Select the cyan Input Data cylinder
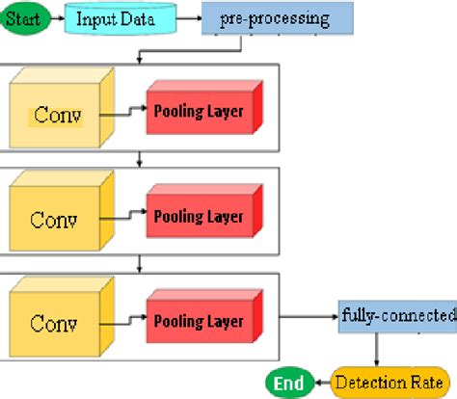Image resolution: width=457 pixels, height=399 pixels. pos(120,17)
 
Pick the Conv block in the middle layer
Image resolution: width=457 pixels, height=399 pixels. pos(56,218)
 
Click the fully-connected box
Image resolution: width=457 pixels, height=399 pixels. pos(396,315)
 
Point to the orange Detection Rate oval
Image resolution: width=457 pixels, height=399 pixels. pos(383,382)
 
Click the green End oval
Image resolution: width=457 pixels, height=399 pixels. pos(287,382)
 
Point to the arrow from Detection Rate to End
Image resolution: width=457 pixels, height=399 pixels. pos(322,382)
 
